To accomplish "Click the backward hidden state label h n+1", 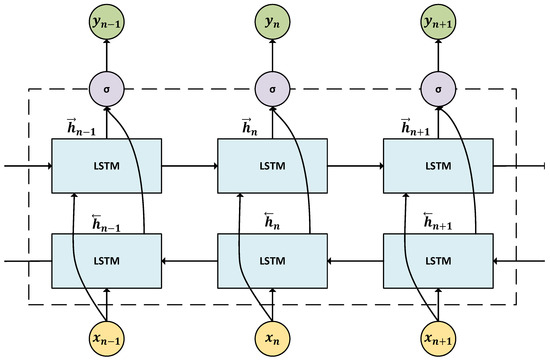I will click(419, 221).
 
